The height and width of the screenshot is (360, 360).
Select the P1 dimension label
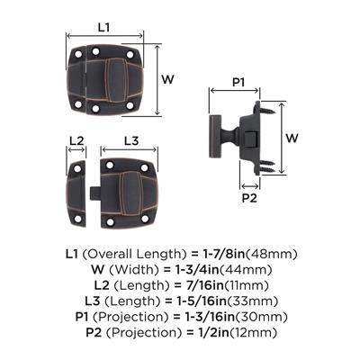click(238, 82)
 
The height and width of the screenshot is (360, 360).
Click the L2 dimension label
click(76, 140)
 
